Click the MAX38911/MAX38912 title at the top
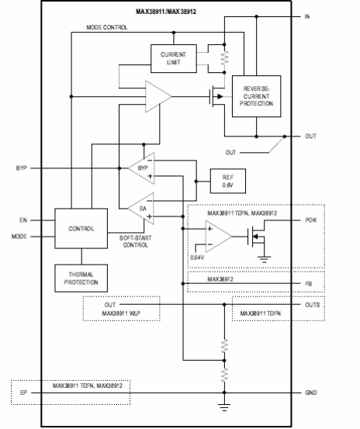tap(167, 12)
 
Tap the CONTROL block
tap(81, 229)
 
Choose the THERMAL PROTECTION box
tap(81, 278)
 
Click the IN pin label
tap(308, 17)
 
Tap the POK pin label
tap(310, 220)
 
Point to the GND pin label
tap(311, 393)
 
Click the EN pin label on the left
tap(23, 220)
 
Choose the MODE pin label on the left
tap(20, 236)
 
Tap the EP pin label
tap(24, 393)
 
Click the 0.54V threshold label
tap(198, 257)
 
